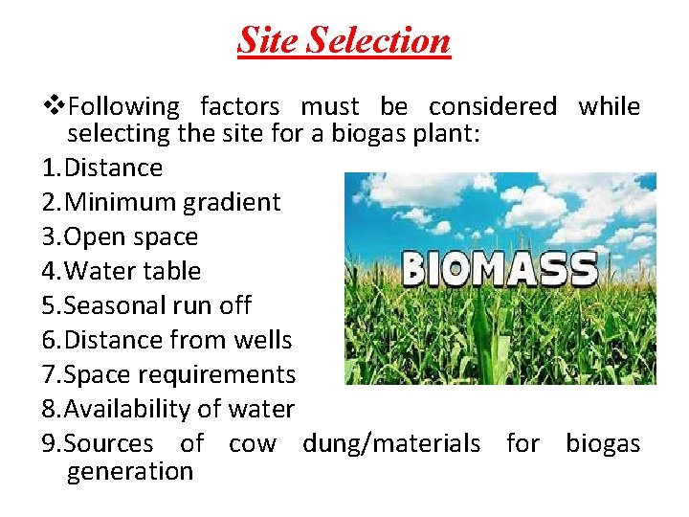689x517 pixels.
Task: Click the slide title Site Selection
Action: pos(344,40)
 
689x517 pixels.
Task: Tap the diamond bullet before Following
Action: pos(55,106)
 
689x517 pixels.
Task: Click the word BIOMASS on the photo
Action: pos(500,269)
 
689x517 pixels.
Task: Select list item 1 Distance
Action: pos(102,169)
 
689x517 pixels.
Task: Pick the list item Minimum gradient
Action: pos(162,203)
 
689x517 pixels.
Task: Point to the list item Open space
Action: pos(121,237)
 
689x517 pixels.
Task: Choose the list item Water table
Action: pos(122,272)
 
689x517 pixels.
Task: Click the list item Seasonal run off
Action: pos(146,306)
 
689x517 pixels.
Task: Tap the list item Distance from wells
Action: pos(167,340)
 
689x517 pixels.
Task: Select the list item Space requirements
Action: pos(169,374)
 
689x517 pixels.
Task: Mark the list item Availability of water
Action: pos(168,409)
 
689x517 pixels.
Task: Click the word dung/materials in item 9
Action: pos(391,443)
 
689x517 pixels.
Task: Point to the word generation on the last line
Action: pos(130,471)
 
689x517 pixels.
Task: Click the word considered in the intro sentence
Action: pos(492,106)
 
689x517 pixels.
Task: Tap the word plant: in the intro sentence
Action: pos(448,134)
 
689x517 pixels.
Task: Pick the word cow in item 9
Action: pos(253,443)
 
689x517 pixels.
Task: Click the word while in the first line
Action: pos(609,106)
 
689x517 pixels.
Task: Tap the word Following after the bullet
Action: pos(124,106)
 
